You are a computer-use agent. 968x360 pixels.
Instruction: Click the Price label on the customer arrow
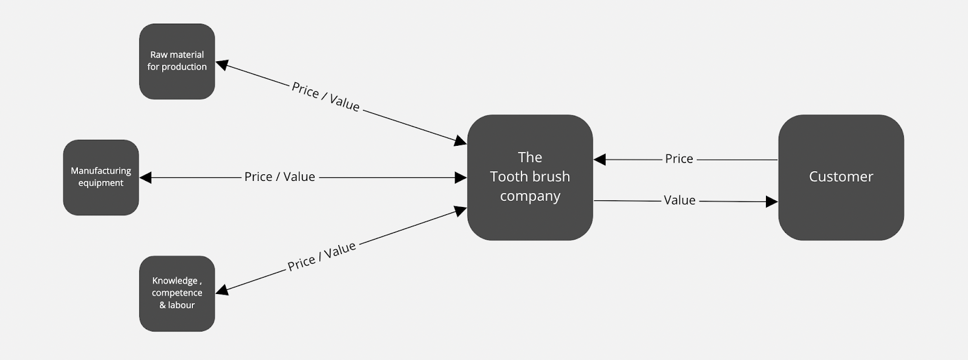pos(679,159)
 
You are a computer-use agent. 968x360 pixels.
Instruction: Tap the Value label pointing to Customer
pos(679,200)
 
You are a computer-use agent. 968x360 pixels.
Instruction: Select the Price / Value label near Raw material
pos(325,97)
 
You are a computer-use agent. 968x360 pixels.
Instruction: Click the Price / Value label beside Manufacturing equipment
pos(280,177)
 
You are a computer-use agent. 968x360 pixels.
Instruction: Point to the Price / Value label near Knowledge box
pos(321,257)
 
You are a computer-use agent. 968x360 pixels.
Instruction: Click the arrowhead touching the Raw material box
pos(221,64)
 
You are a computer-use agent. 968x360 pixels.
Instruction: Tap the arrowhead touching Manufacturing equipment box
pos(145,177)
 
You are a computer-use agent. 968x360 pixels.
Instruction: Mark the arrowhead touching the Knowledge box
pos(221,290)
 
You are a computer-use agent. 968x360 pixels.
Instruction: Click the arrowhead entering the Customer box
pos(772,201)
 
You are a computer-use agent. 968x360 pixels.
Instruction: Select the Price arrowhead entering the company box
pos(600,160)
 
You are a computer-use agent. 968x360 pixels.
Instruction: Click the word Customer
pos(841,177)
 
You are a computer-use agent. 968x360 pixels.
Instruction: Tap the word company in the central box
pos(530,196)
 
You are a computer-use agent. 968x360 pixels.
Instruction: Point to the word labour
pos(181,305)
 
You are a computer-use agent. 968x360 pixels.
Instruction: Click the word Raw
pos(159,54)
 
